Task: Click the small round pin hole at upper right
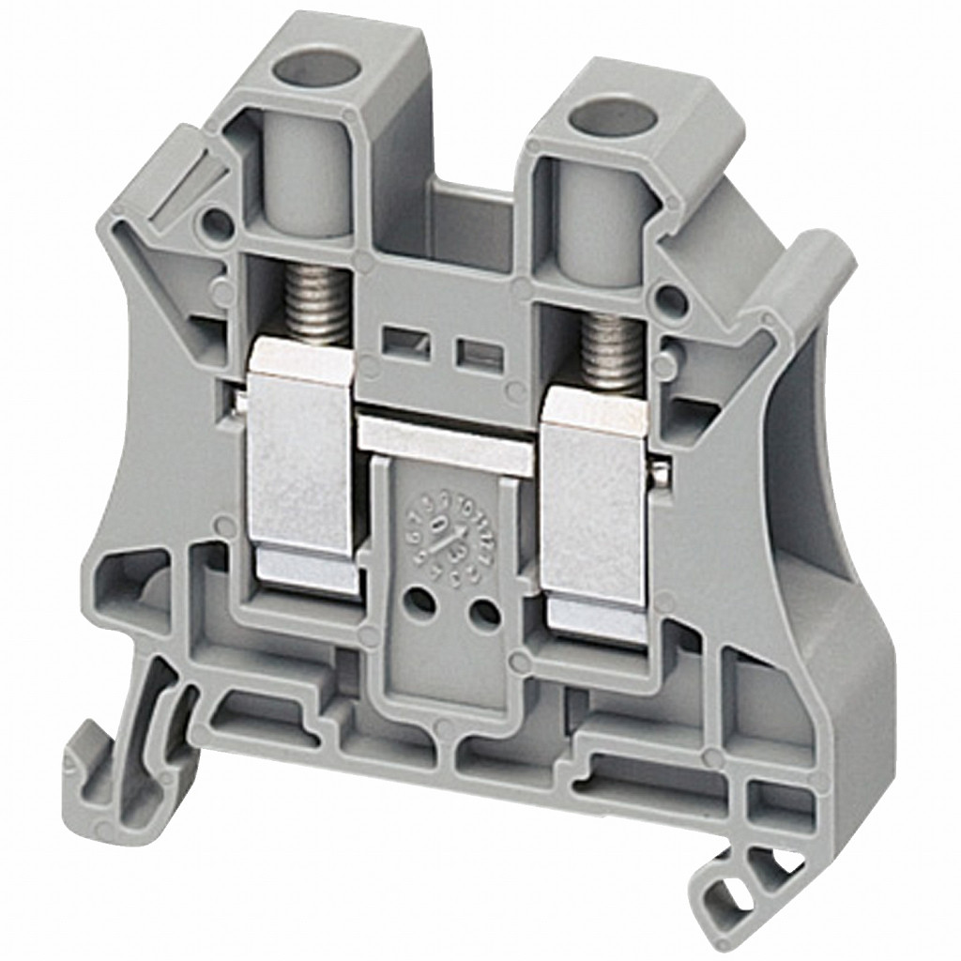(x=669, y=300)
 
